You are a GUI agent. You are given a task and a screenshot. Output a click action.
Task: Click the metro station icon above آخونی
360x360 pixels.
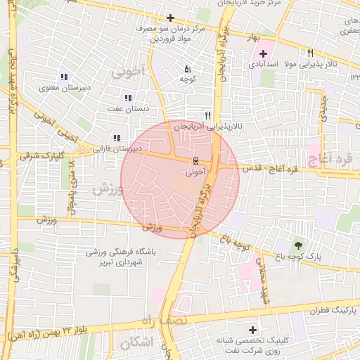click(x=196, y=160)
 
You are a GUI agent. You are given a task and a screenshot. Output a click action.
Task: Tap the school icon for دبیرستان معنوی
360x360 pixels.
click(x=63, y=77)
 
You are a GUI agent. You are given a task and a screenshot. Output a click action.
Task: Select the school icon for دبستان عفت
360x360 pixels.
click(x=127, y=98)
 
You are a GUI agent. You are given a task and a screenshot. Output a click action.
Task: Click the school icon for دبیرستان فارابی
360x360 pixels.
click(x=117, y=139)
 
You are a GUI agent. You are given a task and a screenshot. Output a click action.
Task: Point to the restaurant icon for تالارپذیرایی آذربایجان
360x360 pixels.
click(x=207, y=115)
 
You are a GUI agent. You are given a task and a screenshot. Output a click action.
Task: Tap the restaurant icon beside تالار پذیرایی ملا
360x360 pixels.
click(x=310, y=53)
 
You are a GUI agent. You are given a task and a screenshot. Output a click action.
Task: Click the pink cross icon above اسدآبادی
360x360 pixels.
click(x=264, y=53)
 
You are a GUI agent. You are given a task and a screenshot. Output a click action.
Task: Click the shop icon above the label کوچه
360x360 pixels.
click(x=187, y=70)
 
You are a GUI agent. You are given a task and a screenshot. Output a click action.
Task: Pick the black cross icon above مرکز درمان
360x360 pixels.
click(x=170, y=18)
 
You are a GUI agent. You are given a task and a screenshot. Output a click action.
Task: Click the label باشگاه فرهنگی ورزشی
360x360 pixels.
click(x=122, y=251)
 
